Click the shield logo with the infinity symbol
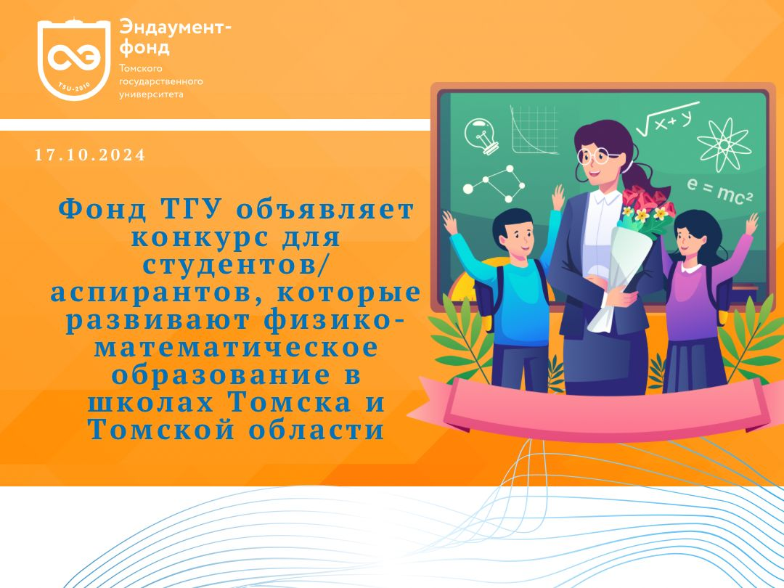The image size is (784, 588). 74,60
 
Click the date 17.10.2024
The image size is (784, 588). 90,155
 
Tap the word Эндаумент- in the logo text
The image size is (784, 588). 175,28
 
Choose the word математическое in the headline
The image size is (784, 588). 237,347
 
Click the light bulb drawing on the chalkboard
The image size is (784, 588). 481,135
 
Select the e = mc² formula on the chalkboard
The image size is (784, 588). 719,190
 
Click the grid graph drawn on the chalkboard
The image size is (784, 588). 534,130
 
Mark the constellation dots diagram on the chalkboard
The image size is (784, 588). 494,184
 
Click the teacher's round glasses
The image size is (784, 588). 596,155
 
